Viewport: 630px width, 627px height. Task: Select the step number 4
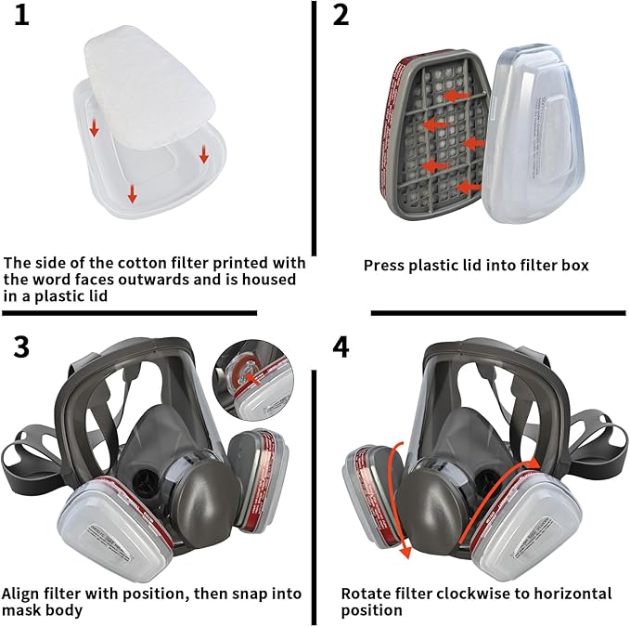pyautogui.click(x=341, y=347)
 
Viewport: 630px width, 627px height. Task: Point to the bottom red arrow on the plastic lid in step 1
pyautogui.click(x=133, y=193)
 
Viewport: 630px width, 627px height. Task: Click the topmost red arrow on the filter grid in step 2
pyautogui.click(x=454, y=95)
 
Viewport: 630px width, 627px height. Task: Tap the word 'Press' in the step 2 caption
pyautogui.click(x=383, y=266)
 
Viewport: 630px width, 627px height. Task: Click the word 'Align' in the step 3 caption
pyautogui.click(x=20, y=593)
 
